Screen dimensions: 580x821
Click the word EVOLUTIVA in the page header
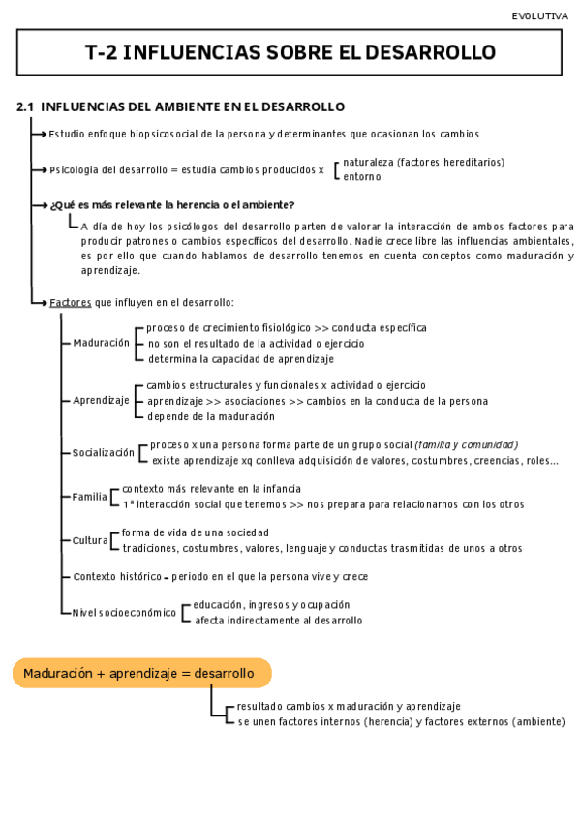click(539, 16)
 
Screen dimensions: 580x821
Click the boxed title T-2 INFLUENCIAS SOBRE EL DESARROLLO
click(290, 52)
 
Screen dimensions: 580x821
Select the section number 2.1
click(25, 106)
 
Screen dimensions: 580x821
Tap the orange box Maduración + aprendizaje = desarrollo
click(141, 673)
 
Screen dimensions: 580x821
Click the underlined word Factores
click(70, 303)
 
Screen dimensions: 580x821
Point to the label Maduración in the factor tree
click(101, 343)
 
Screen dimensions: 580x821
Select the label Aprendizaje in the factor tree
click(101, 400)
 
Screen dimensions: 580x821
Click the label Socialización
click(104, 452)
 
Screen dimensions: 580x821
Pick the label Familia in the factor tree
click(90, 497)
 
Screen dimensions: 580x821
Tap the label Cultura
click(90, 540)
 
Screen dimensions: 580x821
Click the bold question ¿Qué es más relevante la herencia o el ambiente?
click(171, 204)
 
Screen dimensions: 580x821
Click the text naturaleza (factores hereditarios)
click(423, 162)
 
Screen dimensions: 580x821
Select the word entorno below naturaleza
click(362, 176)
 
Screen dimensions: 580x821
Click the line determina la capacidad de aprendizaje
click(240, 358)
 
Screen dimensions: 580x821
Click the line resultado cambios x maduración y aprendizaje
click(349, 707)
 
